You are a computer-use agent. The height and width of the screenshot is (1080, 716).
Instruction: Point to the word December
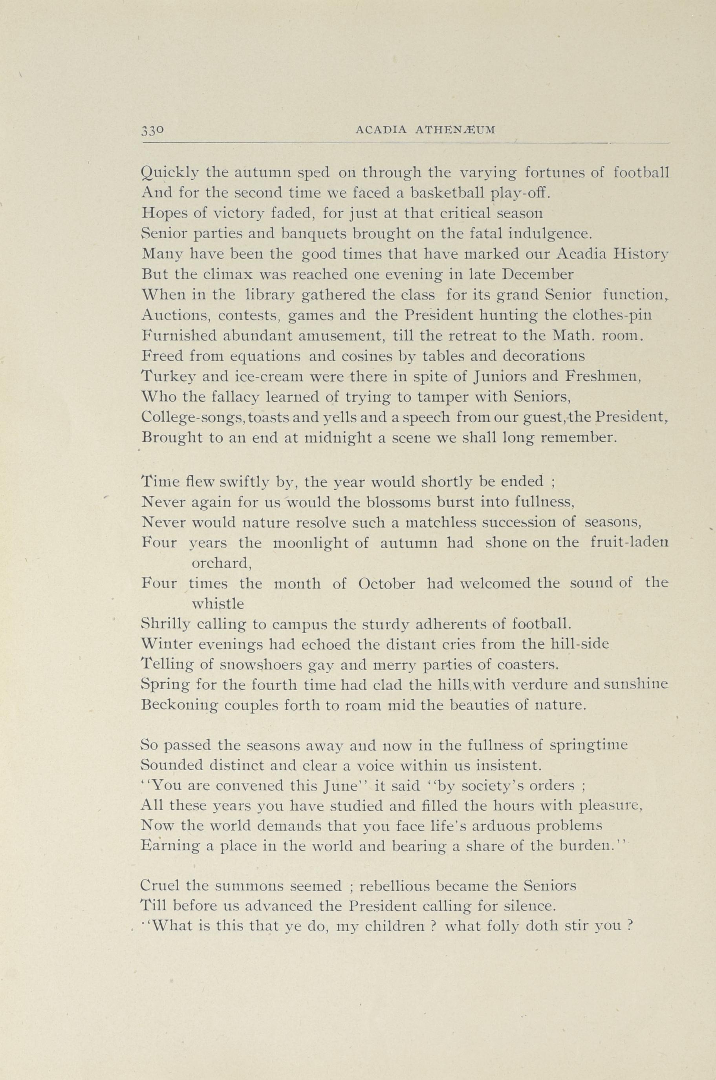pos(537,274)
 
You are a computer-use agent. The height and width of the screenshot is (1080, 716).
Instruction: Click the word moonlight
pos(321,543)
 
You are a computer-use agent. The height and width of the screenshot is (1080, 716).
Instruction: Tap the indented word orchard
pos(222,563)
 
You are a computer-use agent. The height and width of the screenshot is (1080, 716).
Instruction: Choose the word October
pos(386,584)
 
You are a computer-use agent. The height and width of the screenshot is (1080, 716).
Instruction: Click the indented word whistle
pos(218,604)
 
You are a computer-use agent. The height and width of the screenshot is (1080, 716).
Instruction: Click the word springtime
pos(589,746)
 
